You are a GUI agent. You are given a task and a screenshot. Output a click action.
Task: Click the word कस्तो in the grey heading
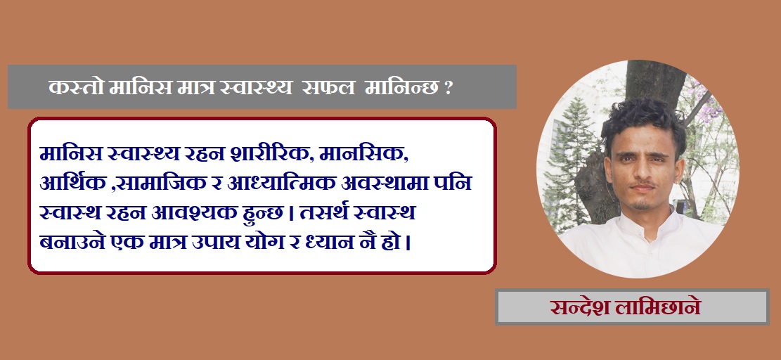click(76, 88)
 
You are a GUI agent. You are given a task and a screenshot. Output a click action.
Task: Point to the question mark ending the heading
click(448, 89)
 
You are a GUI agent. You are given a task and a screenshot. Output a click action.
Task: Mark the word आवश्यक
click(200, 213)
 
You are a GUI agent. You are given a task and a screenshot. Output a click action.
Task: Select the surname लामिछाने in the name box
click(657, 307)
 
